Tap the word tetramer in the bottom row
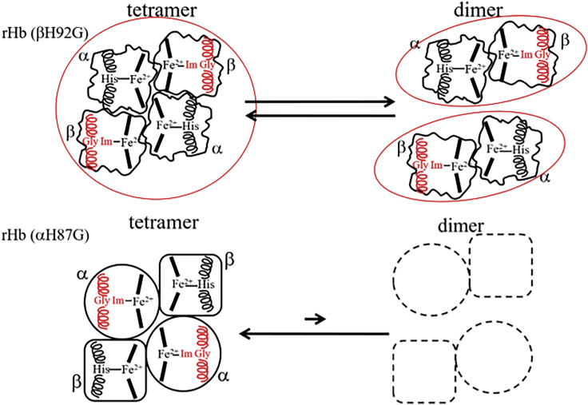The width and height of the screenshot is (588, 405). pyautogui.click(x=157, y=220)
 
